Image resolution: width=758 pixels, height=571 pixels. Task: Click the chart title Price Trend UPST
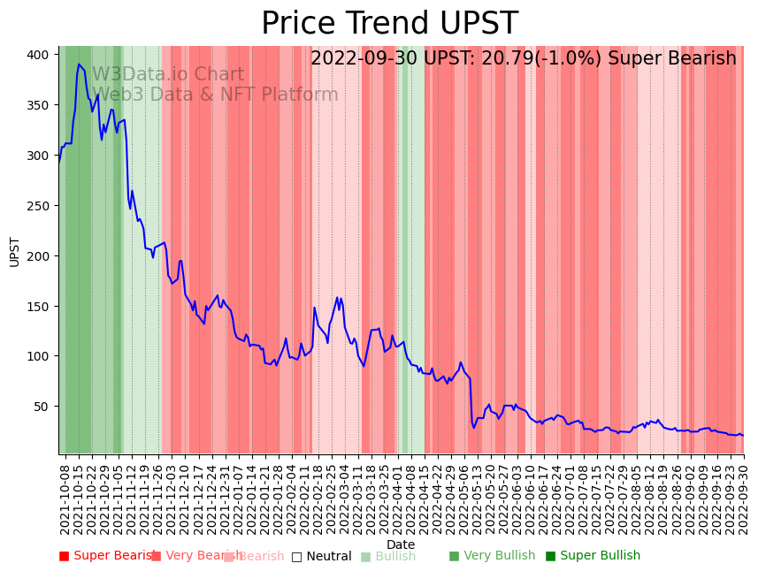point(389,24)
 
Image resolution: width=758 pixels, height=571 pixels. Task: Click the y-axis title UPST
point(14,251)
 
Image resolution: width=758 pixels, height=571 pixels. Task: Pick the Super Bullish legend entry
point(600,556)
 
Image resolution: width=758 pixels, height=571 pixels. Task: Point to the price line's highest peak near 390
point(79,65)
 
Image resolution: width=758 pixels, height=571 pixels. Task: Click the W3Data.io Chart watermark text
point(168,75)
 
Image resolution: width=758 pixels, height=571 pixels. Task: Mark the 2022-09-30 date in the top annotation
point(359,59)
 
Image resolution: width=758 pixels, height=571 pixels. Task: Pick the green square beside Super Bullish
point(550,556)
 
